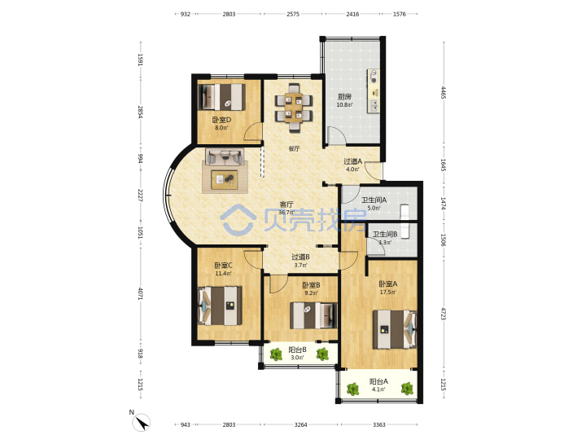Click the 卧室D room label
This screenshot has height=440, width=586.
[221, 120]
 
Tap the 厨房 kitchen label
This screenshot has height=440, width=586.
[344, 97]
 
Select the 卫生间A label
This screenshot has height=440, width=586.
[374, 200]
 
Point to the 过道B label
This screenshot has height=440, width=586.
[300, 257]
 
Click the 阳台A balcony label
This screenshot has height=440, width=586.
[378, 381]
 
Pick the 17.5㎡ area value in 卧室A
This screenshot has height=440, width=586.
[387, 293]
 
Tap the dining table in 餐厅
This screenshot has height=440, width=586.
[294, 108]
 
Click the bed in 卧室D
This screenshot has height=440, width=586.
[221, 97]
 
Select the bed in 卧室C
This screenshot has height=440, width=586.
[220, 306]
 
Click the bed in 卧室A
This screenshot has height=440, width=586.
[395, 329]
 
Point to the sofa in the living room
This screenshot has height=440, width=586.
[225, 156]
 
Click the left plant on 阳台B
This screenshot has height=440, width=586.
[276, 354]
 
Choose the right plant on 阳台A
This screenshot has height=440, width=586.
[407, 389]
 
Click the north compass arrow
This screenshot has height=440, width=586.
[142, 423]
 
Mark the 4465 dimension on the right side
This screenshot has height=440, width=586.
[443, 92]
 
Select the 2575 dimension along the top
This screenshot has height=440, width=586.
[293, 14]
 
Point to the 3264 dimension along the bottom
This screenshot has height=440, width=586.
[300, 425]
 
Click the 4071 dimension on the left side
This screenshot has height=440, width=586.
[140, 293]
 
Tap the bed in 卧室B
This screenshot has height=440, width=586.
[313, 316]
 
